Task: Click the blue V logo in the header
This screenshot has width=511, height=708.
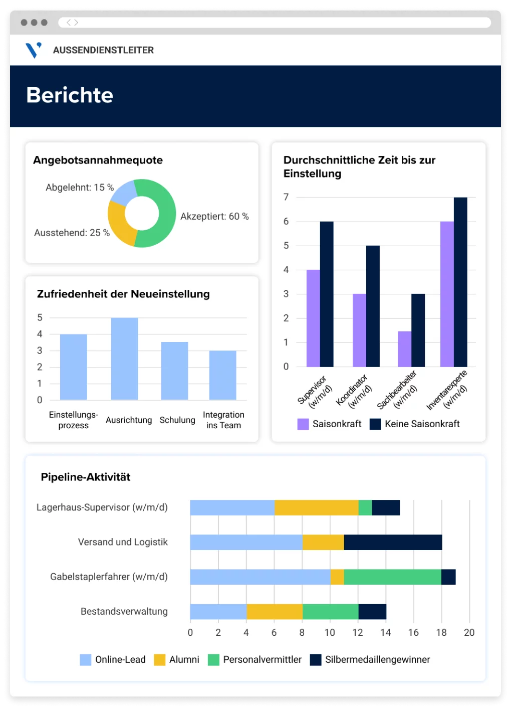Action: [34, 50]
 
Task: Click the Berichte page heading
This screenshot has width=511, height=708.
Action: [70, 95]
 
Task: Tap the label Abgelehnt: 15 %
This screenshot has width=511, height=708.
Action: [80, 188]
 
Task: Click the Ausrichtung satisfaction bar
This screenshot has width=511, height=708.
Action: [124, 359]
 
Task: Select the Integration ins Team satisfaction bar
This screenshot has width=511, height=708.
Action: [222, 375]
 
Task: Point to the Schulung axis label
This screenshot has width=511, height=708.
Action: [177, 420]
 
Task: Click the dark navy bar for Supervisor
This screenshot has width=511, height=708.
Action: [327, 294]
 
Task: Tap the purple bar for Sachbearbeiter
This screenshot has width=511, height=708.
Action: [404, 349]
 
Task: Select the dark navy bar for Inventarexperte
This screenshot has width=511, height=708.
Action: [460, 282]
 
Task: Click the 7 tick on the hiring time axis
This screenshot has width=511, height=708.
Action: [286, 197]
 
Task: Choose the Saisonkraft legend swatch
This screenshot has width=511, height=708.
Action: [303, 424]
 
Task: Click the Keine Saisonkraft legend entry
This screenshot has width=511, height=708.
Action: [422, 424]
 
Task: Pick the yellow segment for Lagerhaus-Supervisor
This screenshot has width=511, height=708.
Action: [316, 507]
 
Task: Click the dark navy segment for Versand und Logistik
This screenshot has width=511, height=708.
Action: [393, 542]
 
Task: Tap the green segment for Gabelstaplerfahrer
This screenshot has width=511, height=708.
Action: [392, 577]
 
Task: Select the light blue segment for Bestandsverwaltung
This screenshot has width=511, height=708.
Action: [218, 612]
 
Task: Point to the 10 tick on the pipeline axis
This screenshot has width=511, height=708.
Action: [330, 633]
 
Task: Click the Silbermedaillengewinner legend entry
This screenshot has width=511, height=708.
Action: [377, 660]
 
